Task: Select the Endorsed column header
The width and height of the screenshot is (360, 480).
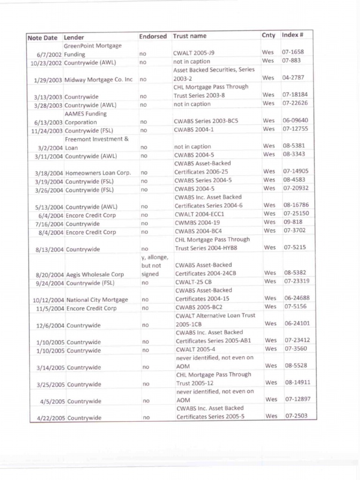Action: [x=153, y=36]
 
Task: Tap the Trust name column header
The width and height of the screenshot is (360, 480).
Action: [x=189, y=36]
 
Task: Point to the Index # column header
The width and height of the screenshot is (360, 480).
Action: [x=292, y=35]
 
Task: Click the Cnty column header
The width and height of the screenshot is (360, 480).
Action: [x=269, y=36]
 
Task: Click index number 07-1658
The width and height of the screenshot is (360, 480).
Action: [x=292, y=52]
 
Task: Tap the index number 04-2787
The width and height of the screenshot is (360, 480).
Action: [x=293, y=78]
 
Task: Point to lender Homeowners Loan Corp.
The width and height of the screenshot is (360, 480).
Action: [x=98, y=173]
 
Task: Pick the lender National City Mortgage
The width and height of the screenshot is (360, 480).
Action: [x=97, y=300]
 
